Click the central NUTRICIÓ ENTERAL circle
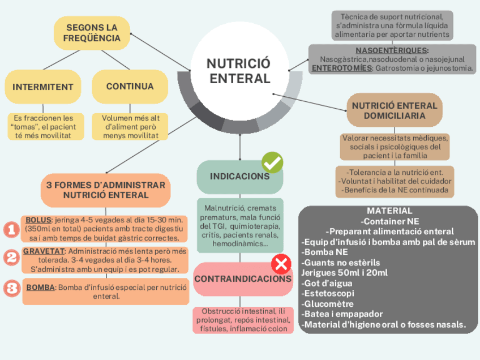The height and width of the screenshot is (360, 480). tap(239, 71)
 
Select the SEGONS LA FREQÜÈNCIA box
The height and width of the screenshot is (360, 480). tap(92, 33)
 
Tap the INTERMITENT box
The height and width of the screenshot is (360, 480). tap(43, 87)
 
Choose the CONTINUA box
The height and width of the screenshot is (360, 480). tap(130, 87)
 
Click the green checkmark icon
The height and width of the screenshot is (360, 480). tap(272, 162)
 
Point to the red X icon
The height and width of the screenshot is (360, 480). tap(281, 264)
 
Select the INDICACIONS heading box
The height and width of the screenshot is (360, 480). tap(240, 177)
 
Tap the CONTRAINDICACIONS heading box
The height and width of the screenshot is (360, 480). tap(243, 279)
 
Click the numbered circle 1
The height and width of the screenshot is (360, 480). tap(11, 229)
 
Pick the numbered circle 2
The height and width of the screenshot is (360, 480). tap(11, 258)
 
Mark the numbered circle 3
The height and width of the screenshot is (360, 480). tap(11, 288)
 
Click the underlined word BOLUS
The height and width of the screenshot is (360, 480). tap(38, 220)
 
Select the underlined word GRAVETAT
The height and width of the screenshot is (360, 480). tap(44, 251)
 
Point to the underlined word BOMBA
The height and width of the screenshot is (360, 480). tap(40, 287)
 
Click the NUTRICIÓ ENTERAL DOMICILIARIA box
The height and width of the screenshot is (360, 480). tap(395, 110)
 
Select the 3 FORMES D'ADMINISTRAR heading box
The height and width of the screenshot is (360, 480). tap(106, 190)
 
